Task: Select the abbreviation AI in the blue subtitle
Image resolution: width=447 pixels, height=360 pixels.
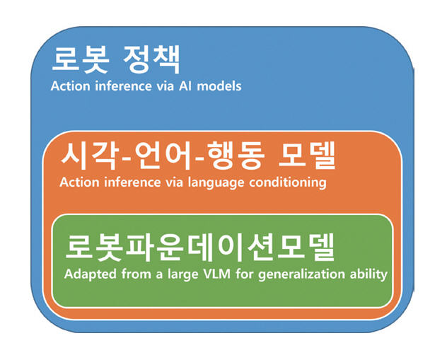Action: click(185, 86)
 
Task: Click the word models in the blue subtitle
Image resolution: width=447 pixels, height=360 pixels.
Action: click(219, 86)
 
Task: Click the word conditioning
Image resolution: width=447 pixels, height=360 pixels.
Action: click(288, 183)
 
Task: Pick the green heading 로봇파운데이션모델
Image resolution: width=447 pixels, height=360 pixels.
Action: click(199, 248)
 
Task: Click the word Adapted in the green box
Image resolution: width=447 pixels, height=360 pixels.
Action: click(91, 274)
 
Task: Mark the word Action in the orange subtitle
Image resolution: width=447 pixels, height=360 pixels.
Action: click(79, 182)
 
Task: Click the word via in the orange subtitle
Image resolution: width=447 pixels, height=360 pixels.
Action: click(174, 182)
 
